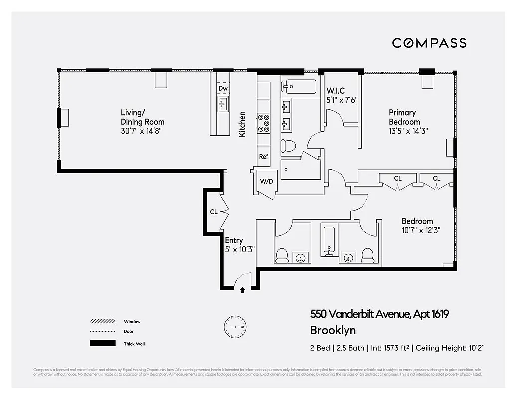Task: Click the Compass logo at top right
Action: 429,43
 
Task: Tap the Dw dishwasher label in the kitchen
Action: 223,89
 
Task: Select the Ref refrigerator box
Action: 264,156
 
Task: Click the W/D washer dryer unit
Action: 265,181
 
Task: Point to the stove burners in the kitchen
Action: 263,123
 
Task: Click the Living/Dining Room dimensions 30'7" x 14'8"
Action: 141,131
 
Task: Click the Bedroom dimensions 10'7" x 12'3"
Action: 421,230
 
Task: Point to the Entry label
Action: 234,240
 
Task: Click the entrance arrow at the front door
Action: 243,290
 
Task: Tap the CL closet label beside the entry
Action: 213,212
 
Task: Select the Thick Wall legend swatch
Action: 102,343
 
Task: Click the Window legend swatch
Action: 102,322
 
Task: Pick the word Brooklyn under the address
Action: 333,330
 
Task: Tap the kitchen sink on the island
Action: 223,104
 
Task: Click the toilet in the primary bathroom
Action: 288,146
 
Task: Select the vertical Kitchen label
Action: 242,124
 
